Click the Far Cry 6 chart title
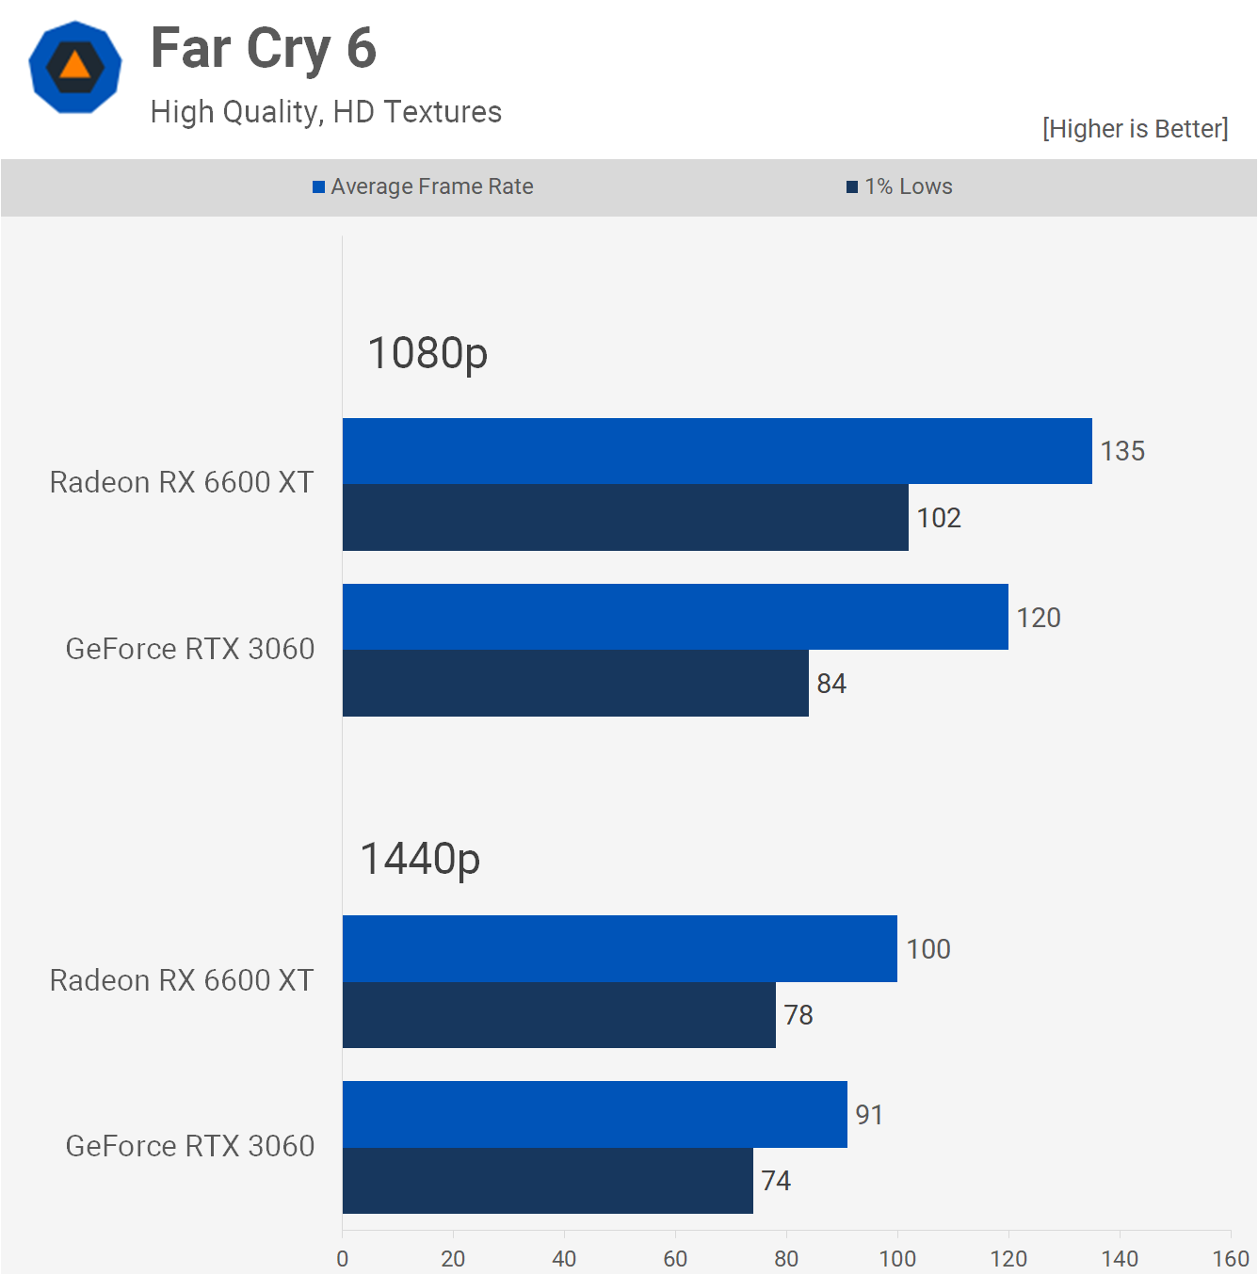264,49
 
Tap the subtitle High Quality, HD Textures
326,112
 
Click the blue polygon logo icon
75,67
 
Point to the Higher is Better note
1135,129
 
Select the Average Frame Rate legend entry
423,186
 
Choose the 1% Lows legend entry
899,186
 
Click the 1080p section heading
427,353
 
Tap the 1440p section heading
420,859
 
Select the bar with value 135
717,451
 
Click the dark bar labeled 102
625,518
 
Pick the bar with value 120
675,617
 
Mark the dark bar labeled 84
575,683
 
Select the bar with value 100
620,948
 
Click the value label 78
798,1015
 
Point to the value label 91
869,1115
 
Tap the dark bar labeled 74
547,1181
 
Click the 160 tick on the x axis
1230,1259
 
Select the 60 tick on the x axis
675,1259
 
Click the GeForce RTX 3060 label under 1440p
190,1146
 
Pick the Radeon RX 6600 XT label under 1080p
182,482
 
